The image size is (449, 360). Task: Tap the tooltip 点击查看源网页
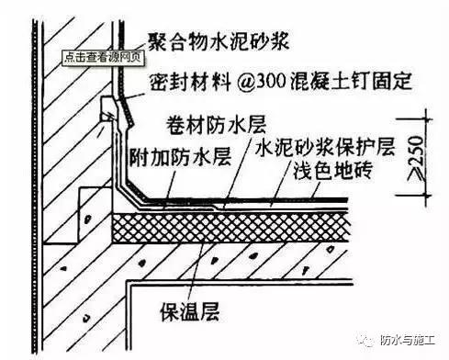click(102, 57)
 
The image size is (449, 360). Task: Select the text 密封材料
click(175, 80)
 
